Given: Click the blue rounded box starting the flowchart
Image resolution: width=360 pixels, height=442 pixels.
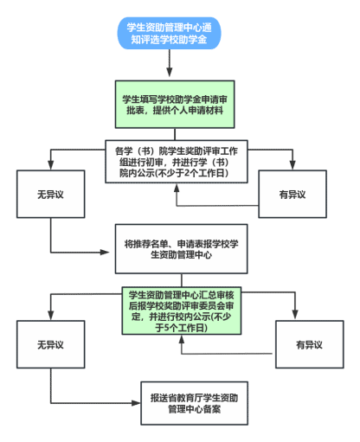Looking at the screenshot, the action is pos(169,33).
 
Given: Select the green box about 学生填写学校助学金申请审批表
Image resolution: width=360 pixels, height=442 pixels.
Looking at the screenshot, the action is pos(175,105).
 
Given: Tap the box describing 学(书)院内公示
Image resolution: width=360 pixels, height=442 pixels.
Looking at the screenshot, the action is pos(177,162).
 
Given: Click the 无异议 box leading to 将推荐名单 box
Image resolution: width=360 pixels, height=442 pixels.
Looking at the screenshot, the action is pos(51,194).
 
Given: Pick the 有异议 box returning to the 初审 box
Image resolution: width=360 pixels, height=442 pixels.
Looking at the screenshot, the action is pos(292,194).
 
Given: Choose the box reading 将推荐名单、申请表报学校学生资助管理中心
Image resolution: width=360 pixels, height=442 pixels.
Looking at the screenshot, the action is pos(181,249).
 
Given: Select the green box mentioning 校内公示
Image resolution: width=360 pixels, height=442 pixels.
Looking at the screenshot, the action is pos(182,311).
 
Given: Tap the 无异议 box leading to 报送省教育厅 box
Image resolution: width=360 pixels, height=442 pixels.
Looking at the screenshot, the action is pos(51,344).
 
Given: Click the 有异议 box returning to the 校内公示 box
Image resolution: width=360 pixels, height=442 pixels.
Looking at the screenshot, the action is pos(310,344).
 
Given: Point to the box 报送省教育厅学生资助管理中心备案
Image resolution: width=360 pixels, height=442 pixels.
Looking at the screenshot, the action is pos(194,403).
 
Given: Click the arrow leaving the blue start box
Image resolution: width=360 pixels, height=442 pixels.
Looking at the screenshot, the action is pos(170,63).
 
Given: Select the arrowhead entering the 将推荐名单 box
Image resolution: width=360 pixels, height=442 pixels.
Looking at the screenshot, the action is pos(105,253).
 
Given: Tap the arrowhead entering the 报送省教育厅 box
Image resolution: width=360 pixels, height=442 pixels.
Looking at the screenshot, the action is pos(136,403).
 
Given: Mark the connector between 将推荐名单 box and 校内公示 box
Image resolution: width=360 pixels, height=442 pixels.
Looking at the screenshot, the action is pos(182,280).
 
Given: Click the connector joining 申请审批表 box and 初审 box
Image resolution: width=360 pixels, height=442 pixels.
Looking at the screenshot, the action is pos(175,134).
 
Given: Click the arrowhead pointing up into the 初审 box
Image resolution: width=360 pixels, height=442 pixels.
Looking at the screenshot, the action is pos(177,188).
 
